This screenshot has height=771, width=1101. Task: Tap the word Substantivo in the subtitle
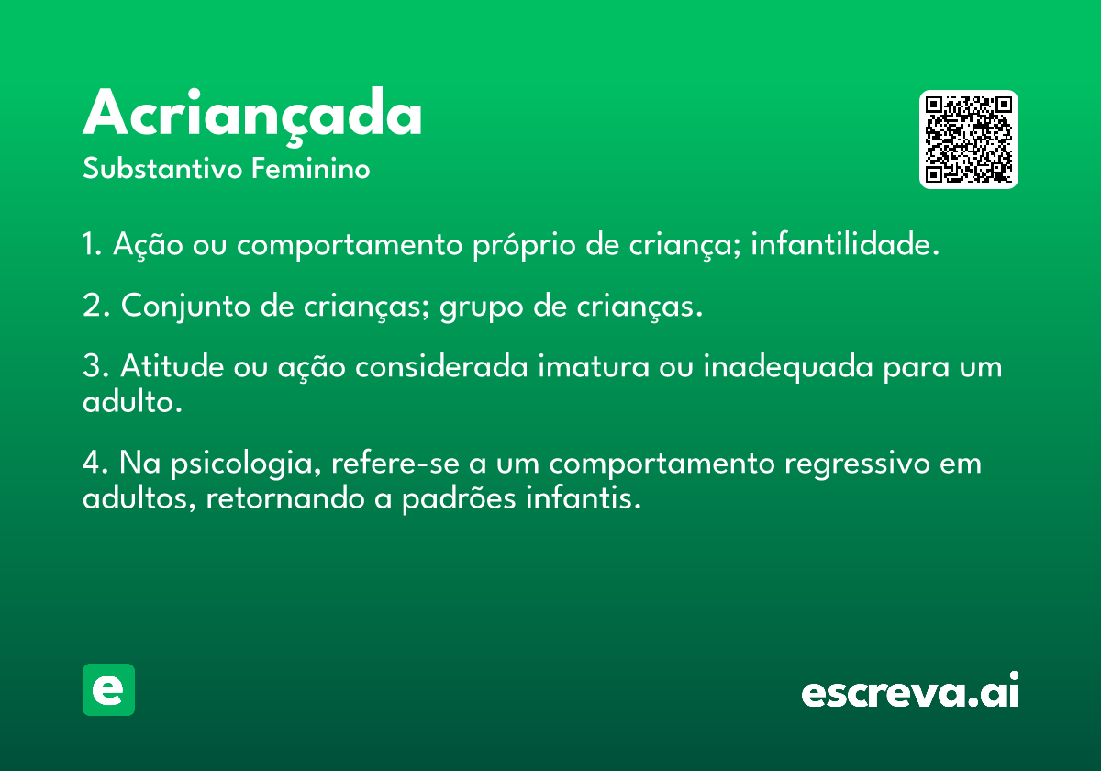tap(162, 169)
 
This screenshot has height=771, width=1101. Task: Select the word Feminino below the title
tap(311, 168)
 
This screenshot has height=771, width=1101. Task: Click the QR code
tap(968, 140)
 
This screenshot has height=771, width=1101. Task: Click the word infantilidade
tap(845, 243)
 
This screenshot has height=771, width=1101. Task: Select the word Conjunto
tap(185, 307)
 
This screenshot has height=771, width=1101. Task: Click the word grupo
tap(482, 308)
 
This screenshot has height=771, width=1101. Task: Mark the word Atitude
tap(172, 366)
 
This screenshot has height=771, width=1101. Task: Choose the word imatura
tap(594, 366)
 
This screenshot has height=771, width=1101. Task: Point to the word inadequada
tap(788, 368)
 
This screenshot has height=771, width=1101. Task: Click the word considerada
tap(441, 366)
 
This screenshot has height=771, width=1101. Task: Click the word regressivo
tap(857, 464)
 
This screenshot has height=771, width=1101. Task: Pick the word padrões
tap(459, 498)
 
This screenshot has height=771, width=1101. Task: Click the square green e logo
tap(108, 689)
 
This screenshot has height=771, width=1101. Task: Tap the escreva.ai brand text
tap(910, 690)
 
